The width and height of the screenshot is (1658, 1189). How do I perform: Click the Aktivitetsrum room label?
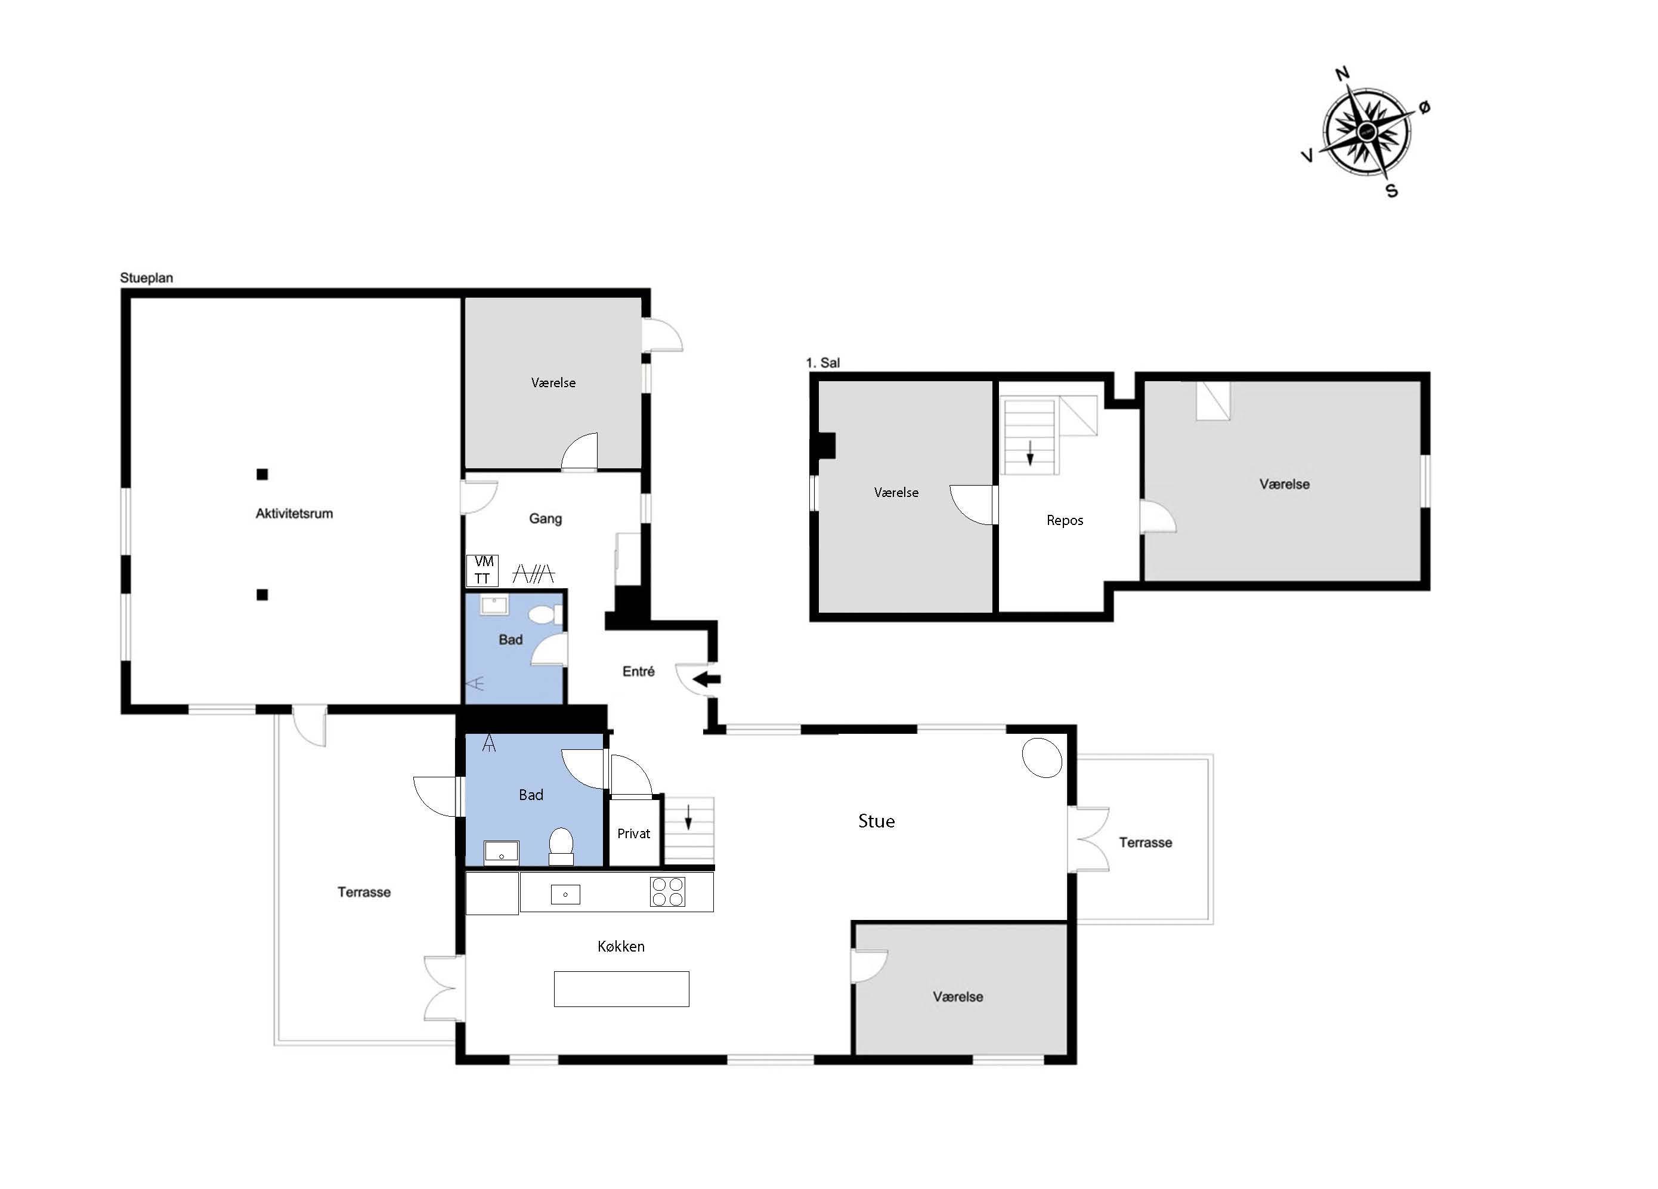pos(294,513)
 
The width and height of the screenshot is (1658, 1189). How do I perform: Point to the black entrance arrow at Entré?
pos(706,680)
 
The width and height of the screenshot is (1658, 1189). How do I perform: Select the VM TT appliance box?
pos(482,570)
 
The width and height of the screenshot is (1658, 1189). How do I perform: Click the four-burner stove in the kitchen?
pos(667,891)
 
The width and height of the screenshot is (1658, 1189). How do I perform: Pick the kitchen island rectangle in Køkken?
pos(621,989)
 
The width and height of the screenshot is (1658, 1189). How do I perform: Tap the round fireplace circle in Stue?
pos(1042,758)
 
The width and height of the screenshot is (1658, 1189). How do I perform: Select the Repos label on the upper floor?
pos(1065,521)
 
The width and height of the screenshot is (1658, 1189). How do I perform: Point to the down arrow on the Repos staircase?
pos(1030,453)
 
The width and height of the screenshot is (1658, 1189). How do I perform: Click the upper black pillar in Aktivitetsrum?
pos(262,474)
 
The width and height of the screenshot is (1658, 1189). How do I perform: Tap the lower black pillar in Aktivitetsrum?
pos(262,594)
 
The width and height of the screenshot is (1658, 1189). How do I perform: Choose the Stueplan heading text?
pos(146,278)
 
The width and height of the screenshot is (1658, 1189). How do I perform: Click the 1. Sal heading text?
pos(822,363)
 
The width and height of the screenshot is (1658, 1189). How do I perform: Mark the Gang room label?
pos(545,518)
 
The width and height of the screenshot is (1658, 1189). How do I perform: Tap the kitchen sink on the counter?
pos(565,894)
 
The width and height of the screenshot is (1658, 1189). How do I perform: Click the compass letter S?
pos(1392,191)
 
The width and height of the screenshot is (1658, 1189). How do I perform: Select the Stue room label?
pos(877,821)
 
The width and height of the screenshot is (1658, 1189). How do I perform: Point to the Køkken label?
pos(621,946)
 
